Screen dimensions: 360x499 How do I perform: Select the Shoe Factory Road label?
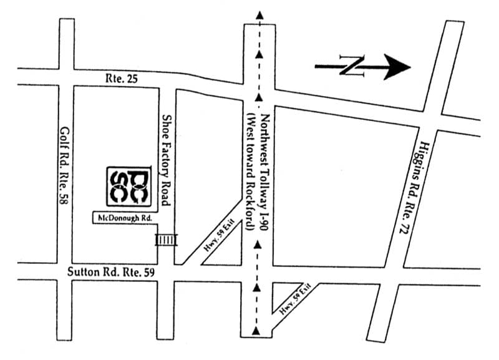pyautogui.click(x=166, y=160)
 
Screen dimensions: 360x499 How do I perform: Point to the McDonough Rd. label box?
pyautogui.click(x=124, y=218)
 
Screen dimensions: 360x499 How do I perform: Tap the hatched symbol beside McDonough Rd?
pyautogui.click(x=166, y=240)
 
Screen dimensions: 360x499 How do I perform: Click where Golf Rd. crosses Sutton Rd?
pyautogui.click(x=66, y=272)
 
